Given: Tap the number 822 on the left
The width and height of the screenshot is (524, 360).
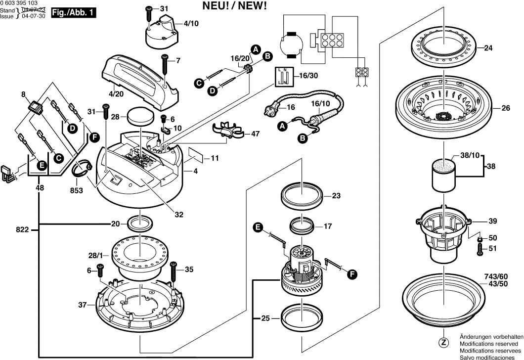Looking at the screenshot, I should [22, 229].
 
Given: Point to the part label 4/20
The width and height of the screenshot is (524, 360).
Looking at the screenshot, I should [116, 93].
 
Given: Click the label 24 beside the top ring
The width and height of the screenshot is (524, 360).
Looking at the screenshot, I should [488, 48].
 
